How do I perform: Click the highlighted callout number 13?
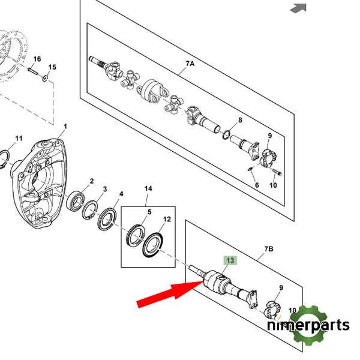[230, 260]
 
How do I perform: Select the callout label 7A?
[190, 64]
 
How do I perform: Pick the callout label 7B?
[269, 248]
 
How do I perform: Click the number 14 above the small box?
[148, 188]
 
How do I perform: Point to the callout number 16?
[37, 59]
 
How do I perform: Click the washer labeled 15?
[45, 78]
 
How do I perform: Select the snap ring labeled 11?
[5, 160]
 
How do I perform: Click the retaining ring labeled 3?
[91, 210]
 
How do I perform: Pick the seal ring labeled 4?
[107, 219]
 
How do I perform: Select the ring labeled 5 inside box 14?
[136, 235]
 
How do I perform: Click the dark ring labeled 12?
[152, 245]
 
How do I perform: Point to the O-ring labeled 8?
[226, 134]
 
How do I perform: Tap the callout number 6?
[257, 185]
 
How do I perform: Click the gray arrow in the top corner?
[298, 8]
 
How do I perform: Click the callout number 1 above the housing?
[65, 127]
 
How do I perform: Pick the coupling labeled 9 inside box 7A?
[268, 157]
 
